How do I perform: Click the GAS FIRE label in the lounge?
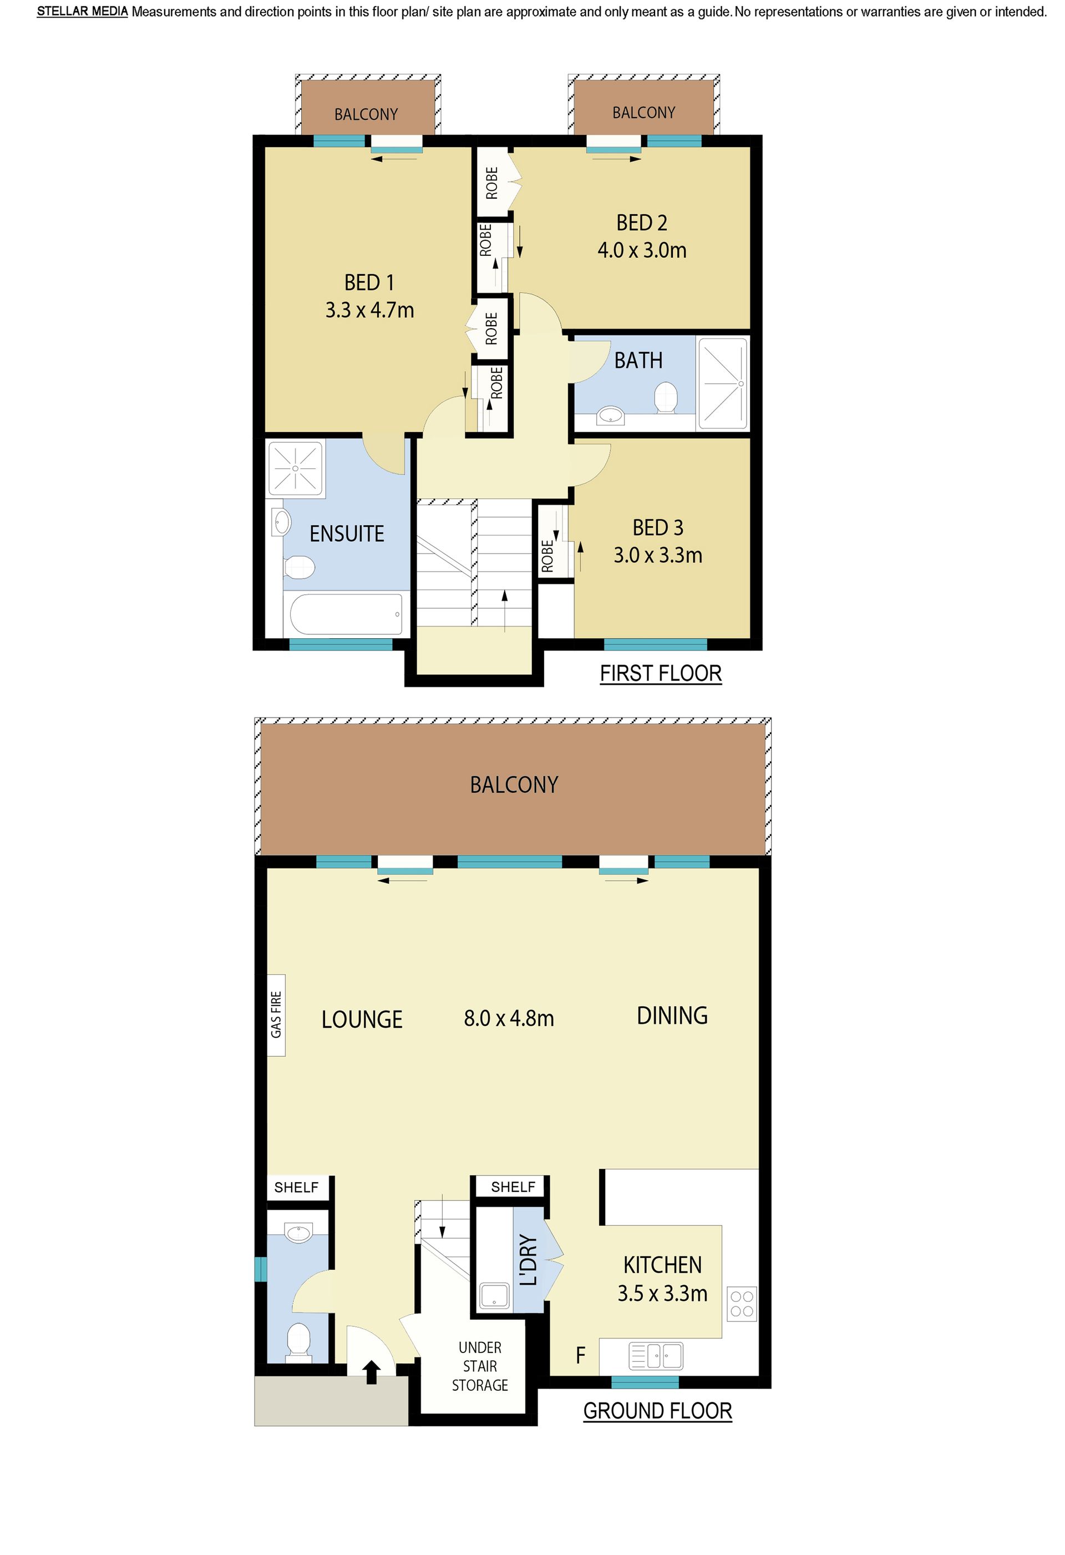pyautogui.click(x=276, y=1014)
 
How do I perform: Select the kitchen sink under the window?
pyautogui.click(x=656, y=1356)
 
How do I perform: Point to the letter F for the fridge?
pyautogui.click(x=581, y=1356)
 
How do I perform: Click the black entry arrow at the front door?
pyautogui.click(x=372, y=1372)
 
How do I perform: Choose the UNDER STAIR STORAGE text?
pyautogui.click(x=480, y=1366)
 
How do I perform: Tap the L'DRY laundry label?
pyautogui.click(x=529, y=1261)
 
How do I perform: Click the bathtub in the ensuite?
pyautogui.click(x=346, y=614)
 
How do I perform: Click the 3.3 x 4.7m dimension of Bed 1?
pyautogui.click(x=369, y=310)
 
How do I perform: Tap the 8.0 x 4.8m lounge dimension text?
pyautogui.click(x=509, y=1018)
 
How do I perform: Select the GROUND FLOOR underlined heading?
pyautogui.click(x=658, y=1411)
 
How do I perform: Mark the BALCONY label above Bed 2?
pyautogui.click(x=643, y=113)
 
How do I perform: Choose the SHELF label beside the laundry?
pyautogui.click(x=513, y=1187)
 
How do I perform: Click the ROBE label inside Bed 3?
pyautogui.click(x=547, y=556)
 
